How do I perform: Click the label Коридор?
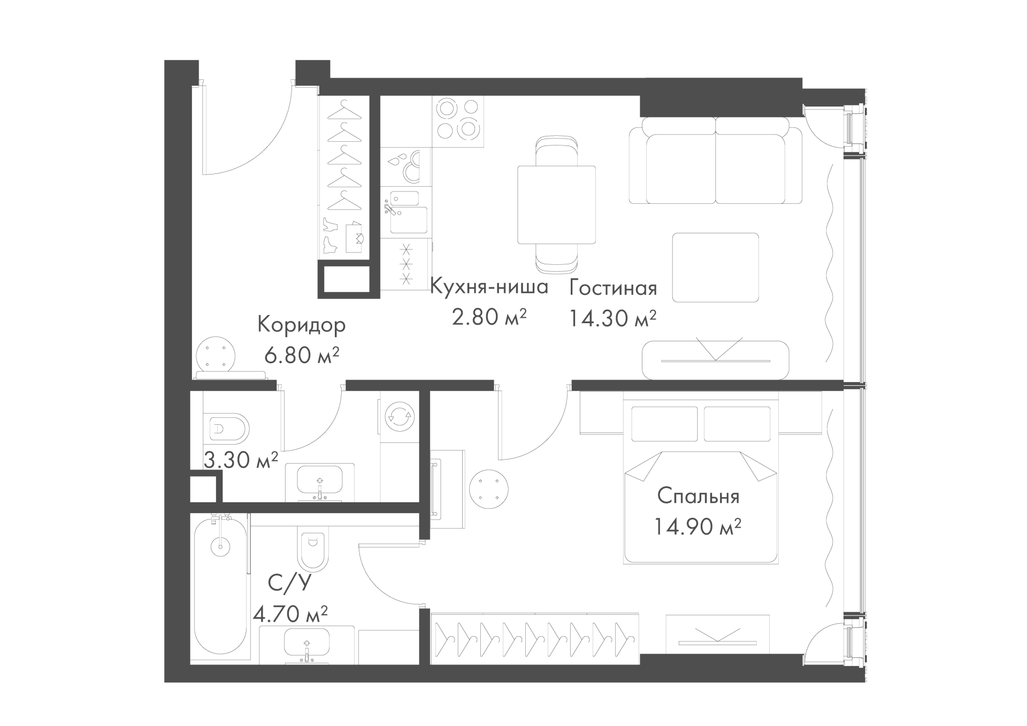[x=302, y=325]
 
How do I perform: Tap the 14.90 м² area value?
[x=697, y=528]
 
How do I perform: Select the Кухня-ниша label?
[x=489, y=287]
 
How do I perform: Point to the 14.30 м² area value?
[x=612, y=319]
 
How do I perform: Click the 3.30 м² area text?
[x=241, y=460]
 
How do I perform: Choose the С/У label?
[x=289, y=583]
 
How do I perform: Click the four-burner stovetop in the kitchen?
[x=458, y=121]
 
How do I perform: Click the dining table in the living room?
[x=556, y=204]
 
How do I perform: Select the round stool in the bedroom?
[x=488, y=489]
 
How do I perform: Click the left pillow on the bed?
[x=665, y=424]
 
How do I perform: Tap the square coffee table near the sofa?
[x=716, y=268]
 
